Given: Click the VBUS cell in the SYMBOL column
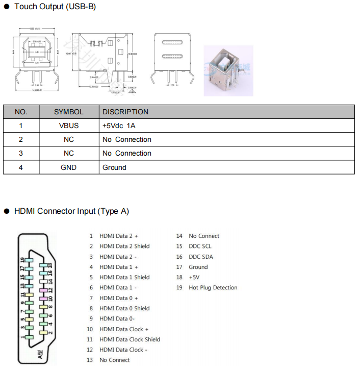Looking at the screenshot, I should (68, 126).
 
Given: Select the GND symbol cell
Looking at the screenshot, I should (68, 167).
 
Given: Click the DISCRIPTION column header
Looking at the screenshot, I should (125, 112).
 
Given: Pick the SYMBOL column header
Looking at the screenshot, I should (68, 112).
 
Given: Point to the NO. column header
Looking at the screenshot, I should (21, 112).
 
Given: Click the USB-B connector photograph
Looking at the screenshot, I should (228, 70).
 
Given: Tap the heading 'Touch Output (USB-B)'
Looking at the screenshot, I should (55, 7).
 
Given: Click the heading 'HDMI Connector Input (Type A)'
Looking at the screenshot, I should (71, 211).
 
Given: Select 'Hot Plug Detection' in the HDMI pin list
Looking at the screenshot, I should (213, 288).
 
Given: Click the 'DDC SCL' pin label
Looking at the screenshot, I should (200, 246).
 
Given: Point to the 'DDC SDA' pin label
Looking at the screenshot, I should (200, 257).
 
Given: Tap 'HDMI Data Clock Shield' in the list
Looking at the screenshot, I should (130, 339).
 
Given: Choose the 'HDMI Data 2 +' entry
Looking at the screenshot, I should (118, 236).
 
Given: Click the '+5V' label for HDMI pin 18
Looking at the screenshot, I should (194, 278).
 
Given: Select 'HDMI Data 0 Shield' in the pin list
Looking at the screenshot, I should (124, 308).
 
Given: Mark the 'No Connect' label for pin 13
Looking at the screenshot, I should (114, 360).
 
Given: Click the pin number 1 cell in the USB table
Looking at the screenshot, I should (21, 126).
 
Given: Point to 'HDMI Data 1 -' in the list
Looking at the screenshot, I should (118, 288).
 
